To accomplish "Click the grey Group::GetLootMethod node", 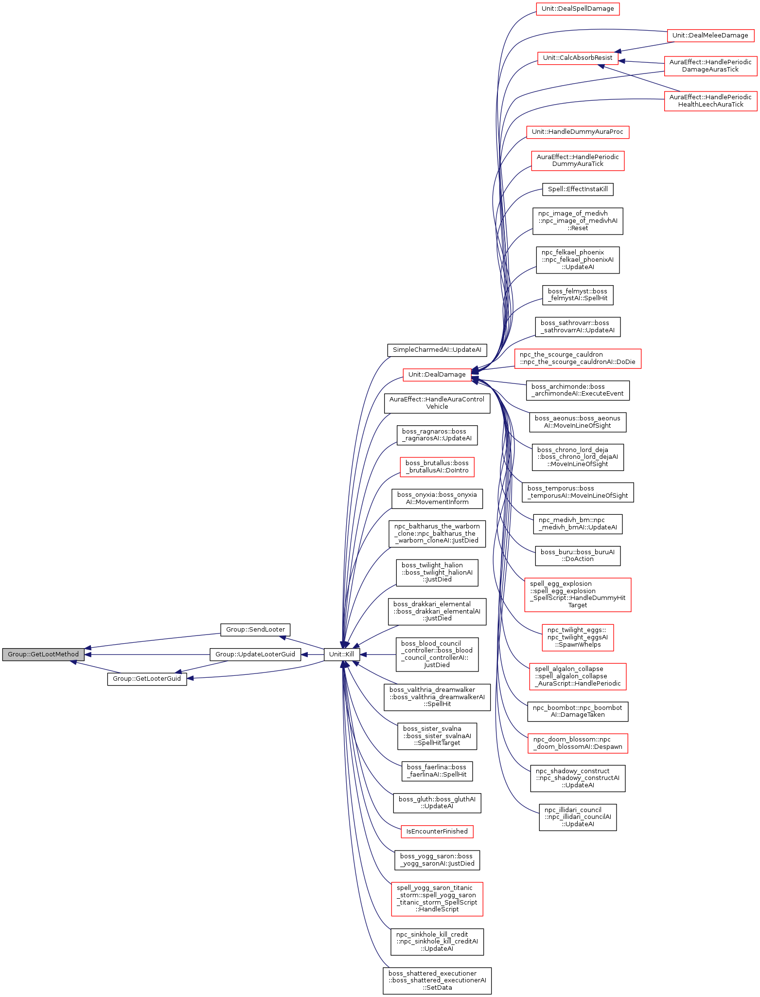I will (43, 654).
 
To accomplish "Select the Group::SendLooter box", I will (255, 630).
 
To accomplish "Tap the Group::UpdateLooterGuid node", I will (255, 654).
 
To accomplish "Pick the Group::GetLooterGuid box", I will (147, 679).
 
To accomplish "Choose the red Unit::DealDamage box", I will (437, 375).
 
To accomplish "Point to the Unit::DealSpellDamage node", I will (578, 9).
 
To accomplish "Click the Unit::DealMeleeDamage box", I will (710, 36).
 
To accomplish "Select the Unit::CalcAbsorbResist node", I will (577, 58).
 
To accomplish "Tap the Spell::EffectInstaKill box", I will (578, 189).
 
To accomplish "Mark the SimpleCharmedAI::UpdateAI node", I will (437, 350).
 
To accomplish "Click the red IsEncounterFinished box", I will (437, 832).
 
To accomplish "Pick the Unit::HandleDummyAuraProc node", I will (577, 132).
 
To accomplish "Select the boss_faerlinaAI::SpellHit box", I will (437, 771).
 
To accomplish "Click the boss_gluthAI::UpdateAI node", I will (437, 802).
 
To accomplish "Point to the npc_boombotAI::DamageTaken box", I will (577, 711).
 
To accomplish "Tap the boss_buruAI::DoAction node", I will (577, 555).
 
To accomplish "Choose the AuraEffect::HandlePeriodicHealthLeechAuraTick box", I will (710, 101).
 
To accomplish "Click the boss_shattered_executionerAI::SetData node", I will (437, 980).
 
